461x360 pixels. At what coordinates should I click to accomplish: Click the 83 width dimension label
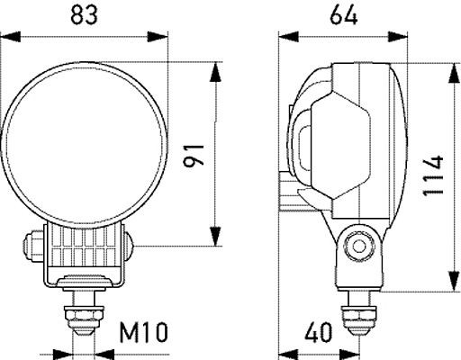tap(86, 14)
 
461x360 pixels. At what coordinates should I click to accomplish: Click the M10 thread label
tap(143, 334)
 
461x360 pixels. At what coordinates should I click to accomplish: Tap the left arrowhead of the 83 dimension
tap(9, 37)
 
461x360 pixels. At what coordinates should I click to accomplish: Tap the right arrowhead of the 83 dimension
tap(162, 37)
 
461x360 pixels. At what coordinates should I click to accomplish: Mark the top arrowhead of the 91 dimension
tap(215, 68)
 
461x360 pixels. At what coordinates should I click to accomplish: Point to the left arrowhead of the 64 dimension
tap(285, 37)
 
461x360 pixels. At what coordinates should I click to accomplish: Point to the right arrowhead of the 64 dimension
tap(399, 37)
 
